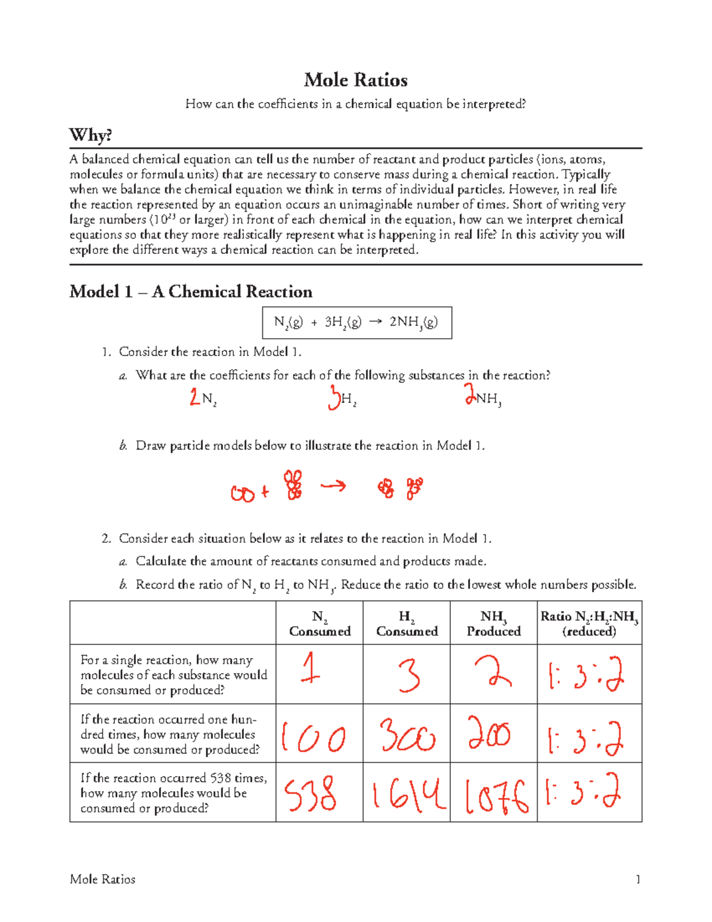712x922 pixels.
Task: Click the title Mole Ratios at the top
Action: (355, 80)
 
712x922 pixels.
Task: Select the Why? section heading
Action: (90, 135)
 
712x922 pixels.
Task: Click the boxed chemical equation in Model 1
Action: (357, 322)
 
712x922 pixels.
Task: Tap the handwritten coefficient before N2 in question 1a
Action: (195, 397)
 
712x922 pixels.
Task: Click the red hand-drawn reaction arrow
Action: (333, 487)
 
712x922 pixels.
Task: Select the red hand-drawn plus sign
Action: (265, 492)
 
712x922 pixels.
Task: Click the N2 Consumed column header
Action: (319, 624)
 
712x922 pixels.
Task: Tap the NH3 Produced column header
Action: (494, 624)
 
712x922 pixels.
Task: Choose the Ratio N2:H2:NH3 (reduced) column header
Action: (589, 624)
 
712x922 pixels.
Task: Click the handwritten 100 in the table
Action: (313, 737)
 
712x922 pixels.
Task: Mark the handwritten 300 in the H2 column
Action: (407, 735)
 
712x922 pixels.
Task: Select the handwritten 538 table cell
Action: (311, 794)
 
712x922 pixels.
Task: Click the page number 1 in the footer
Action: (638, 879)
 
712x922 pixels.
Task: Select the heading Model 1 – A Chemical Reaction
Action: (190, 292)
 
